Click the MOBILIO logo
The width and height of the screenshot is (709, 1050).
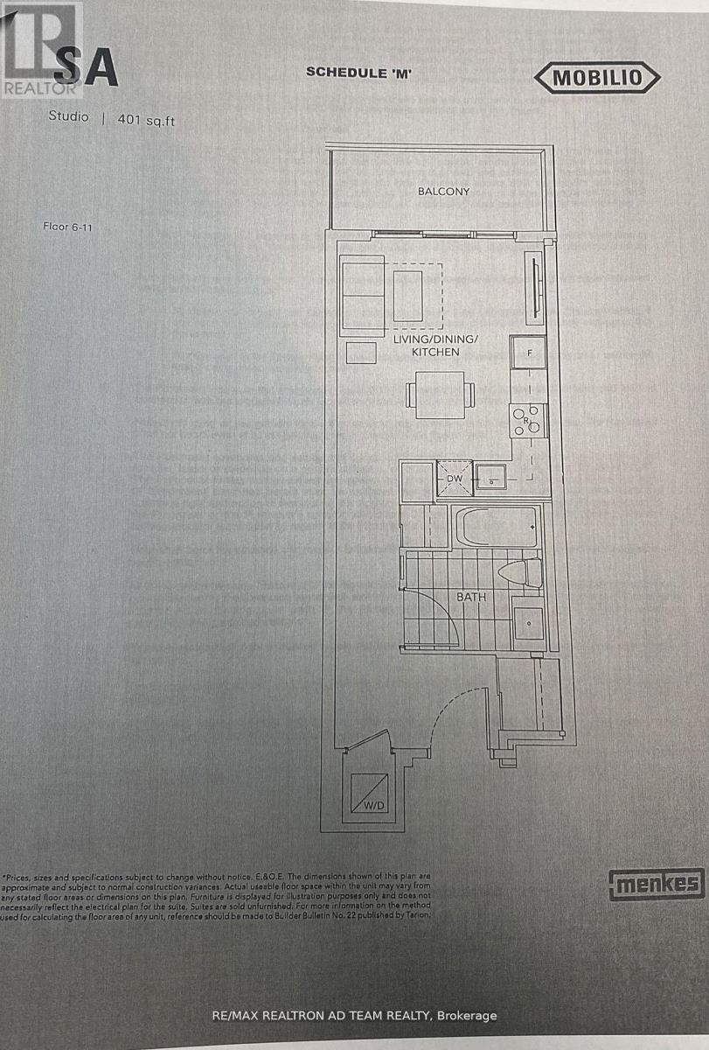tap(596, 78)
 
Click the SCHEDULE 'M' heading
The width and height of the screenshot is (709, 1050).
tap(359, 73)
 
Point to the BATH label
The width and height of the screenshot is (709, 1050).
tap(471, 597)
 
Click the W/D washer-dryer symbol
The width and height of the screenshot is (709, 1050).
tap(366, 794)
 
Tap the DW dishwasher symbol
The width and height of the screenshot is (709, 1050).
tap(454, 478)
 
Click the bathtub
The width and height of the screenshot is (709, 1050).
tap(497, 528)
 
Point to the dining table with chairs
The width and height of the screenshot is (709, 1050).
tap(440, 395)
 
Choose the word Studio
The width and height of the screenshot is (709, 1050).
tap(68, 117)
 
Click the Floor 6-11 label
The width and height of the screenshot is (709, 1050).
tap(67, 226)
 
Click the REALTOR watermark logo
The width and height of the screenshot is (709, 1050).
tap(41, 48)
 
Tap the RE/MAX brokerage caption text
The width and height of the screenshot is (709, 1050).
tap(354, 1016)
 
